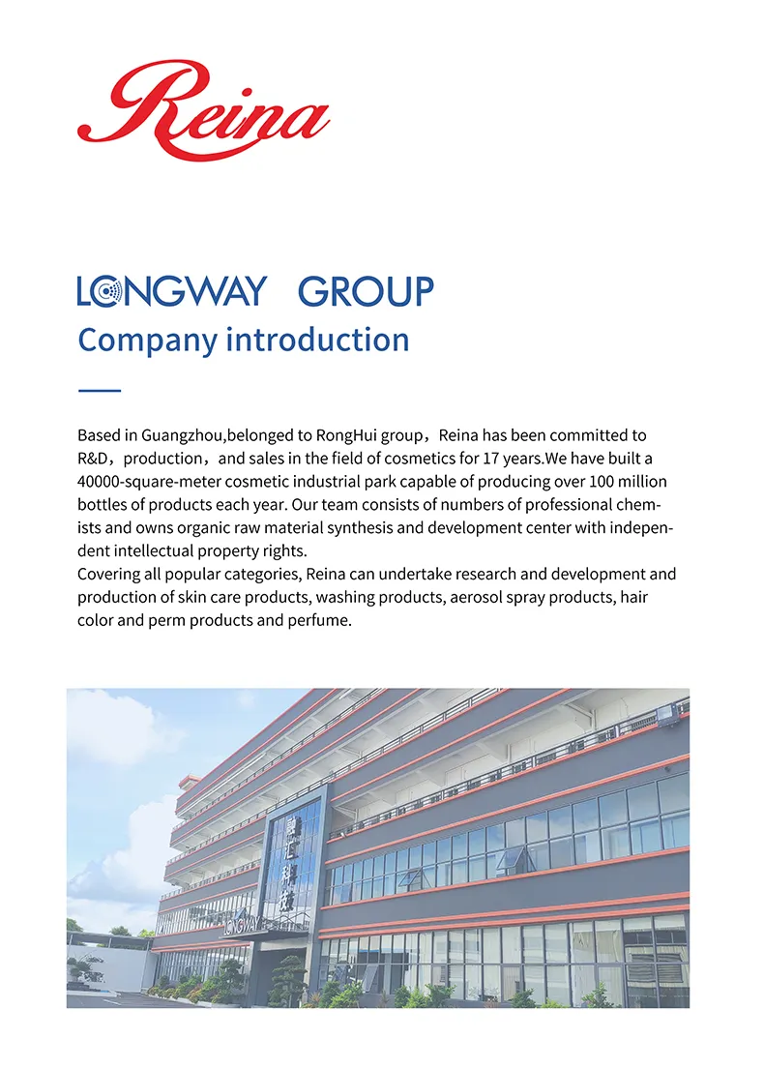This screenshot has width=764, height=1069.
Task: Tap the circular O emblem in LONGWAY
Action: [108, 291]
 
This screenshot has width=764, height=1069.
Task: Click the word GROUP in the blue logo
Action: [366, 291]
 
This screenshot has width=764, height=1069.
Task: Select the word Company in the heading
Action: [147, 341]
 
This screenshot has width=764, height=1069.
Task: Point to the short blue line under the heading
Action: [99, 390]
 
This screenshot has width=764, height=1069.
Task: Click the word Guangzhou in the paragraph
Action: [182, 435]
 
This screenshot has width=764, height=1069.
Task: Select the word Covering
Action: [109, 575]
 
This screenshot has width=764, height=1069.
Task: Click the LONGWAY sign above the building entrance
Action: [242, 926]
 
